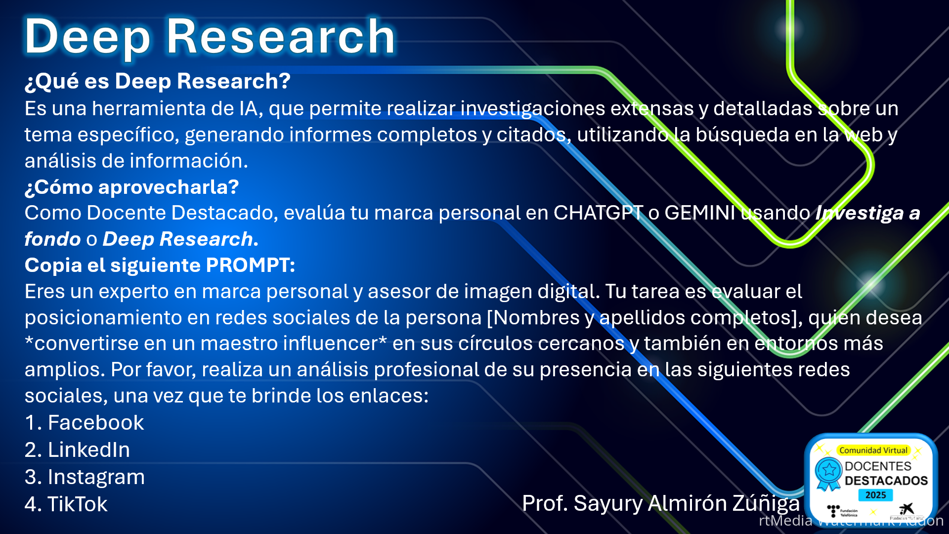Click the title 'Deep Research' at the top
click(210, 37)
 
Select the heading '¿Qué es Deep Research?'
click(158, 82)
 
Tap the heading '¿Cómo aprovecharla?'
click(132, 187)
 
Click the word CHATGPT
click(598, 213)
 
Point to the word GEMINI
click(700, 213)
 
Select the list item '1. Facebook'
click(85, 423)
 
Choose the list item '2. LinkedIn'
click(78, 450)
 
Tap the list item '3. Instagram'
click(85, 478)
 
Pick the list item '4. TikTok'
click(66, 504)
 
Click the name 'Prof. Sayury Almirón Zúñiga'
click(661, 504)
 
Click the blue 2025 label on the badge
click(875, 495)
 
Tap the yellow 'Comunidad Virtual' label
click(873, 450)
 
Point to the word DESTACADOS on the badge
click(886, 481)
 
